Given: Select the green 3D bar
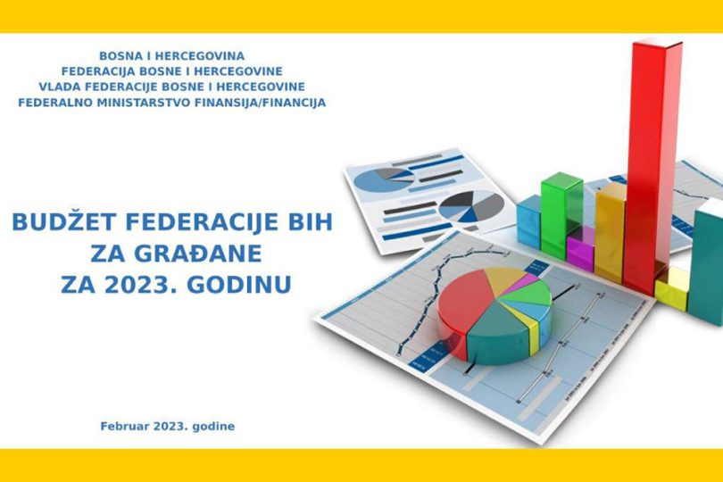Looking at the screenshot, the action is [x=561, y=214].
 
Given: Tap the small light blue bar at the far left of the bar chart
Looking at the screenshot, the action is [x=529, y=222].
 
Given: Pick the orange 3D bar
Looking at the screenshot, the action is [x=610, y=233].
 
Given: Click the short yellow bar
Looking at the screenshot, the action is [x=672, y=288].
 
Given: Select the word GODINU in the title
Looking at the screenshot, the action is [x=239, y=285].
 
